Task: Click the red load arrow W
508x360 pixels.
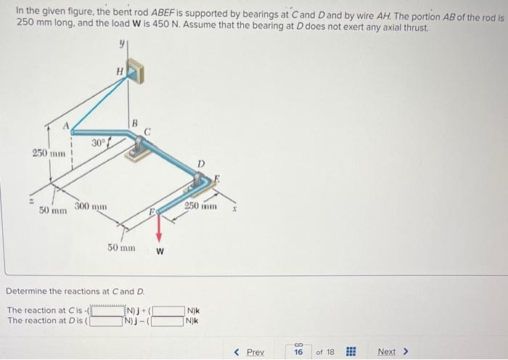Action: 160,231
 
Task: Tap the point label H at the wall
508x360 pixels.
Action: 120,70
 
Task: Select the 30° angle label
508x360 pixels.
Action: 99,143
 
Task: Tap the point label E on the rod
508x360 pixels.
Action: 216,179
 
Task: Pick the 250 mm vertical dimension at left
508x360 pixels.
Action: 49,153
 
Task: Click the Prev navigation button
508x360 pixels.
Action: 250,352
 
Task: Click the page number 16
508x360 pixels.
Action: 298,352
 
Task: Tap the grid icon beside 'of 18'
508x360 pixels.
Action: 350,352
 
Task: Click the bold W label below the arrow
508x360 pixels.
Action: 160,252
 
